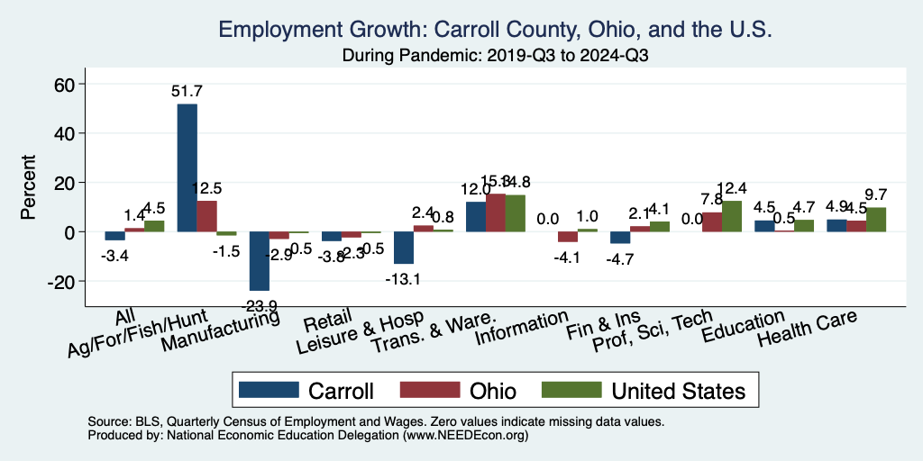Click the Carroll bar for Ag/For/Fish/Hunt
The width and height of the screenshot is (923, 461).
(x=187, y=168)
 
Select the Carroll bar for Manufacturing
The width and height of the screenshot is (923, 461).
(x=260, y=261)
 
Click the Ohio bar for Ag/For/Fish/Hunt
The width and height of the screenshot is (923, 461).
(x=207, y=216)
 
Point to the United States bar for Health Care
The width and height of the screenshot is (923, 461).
(x=876, y=220)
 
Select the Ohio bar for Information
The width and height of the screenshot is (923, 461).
(x=568, y=237)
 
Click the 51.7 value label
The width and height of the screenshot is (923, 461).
(x=187, y=91)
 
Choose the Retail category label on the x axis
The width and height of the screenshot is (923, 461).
(x=322, y=323)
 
